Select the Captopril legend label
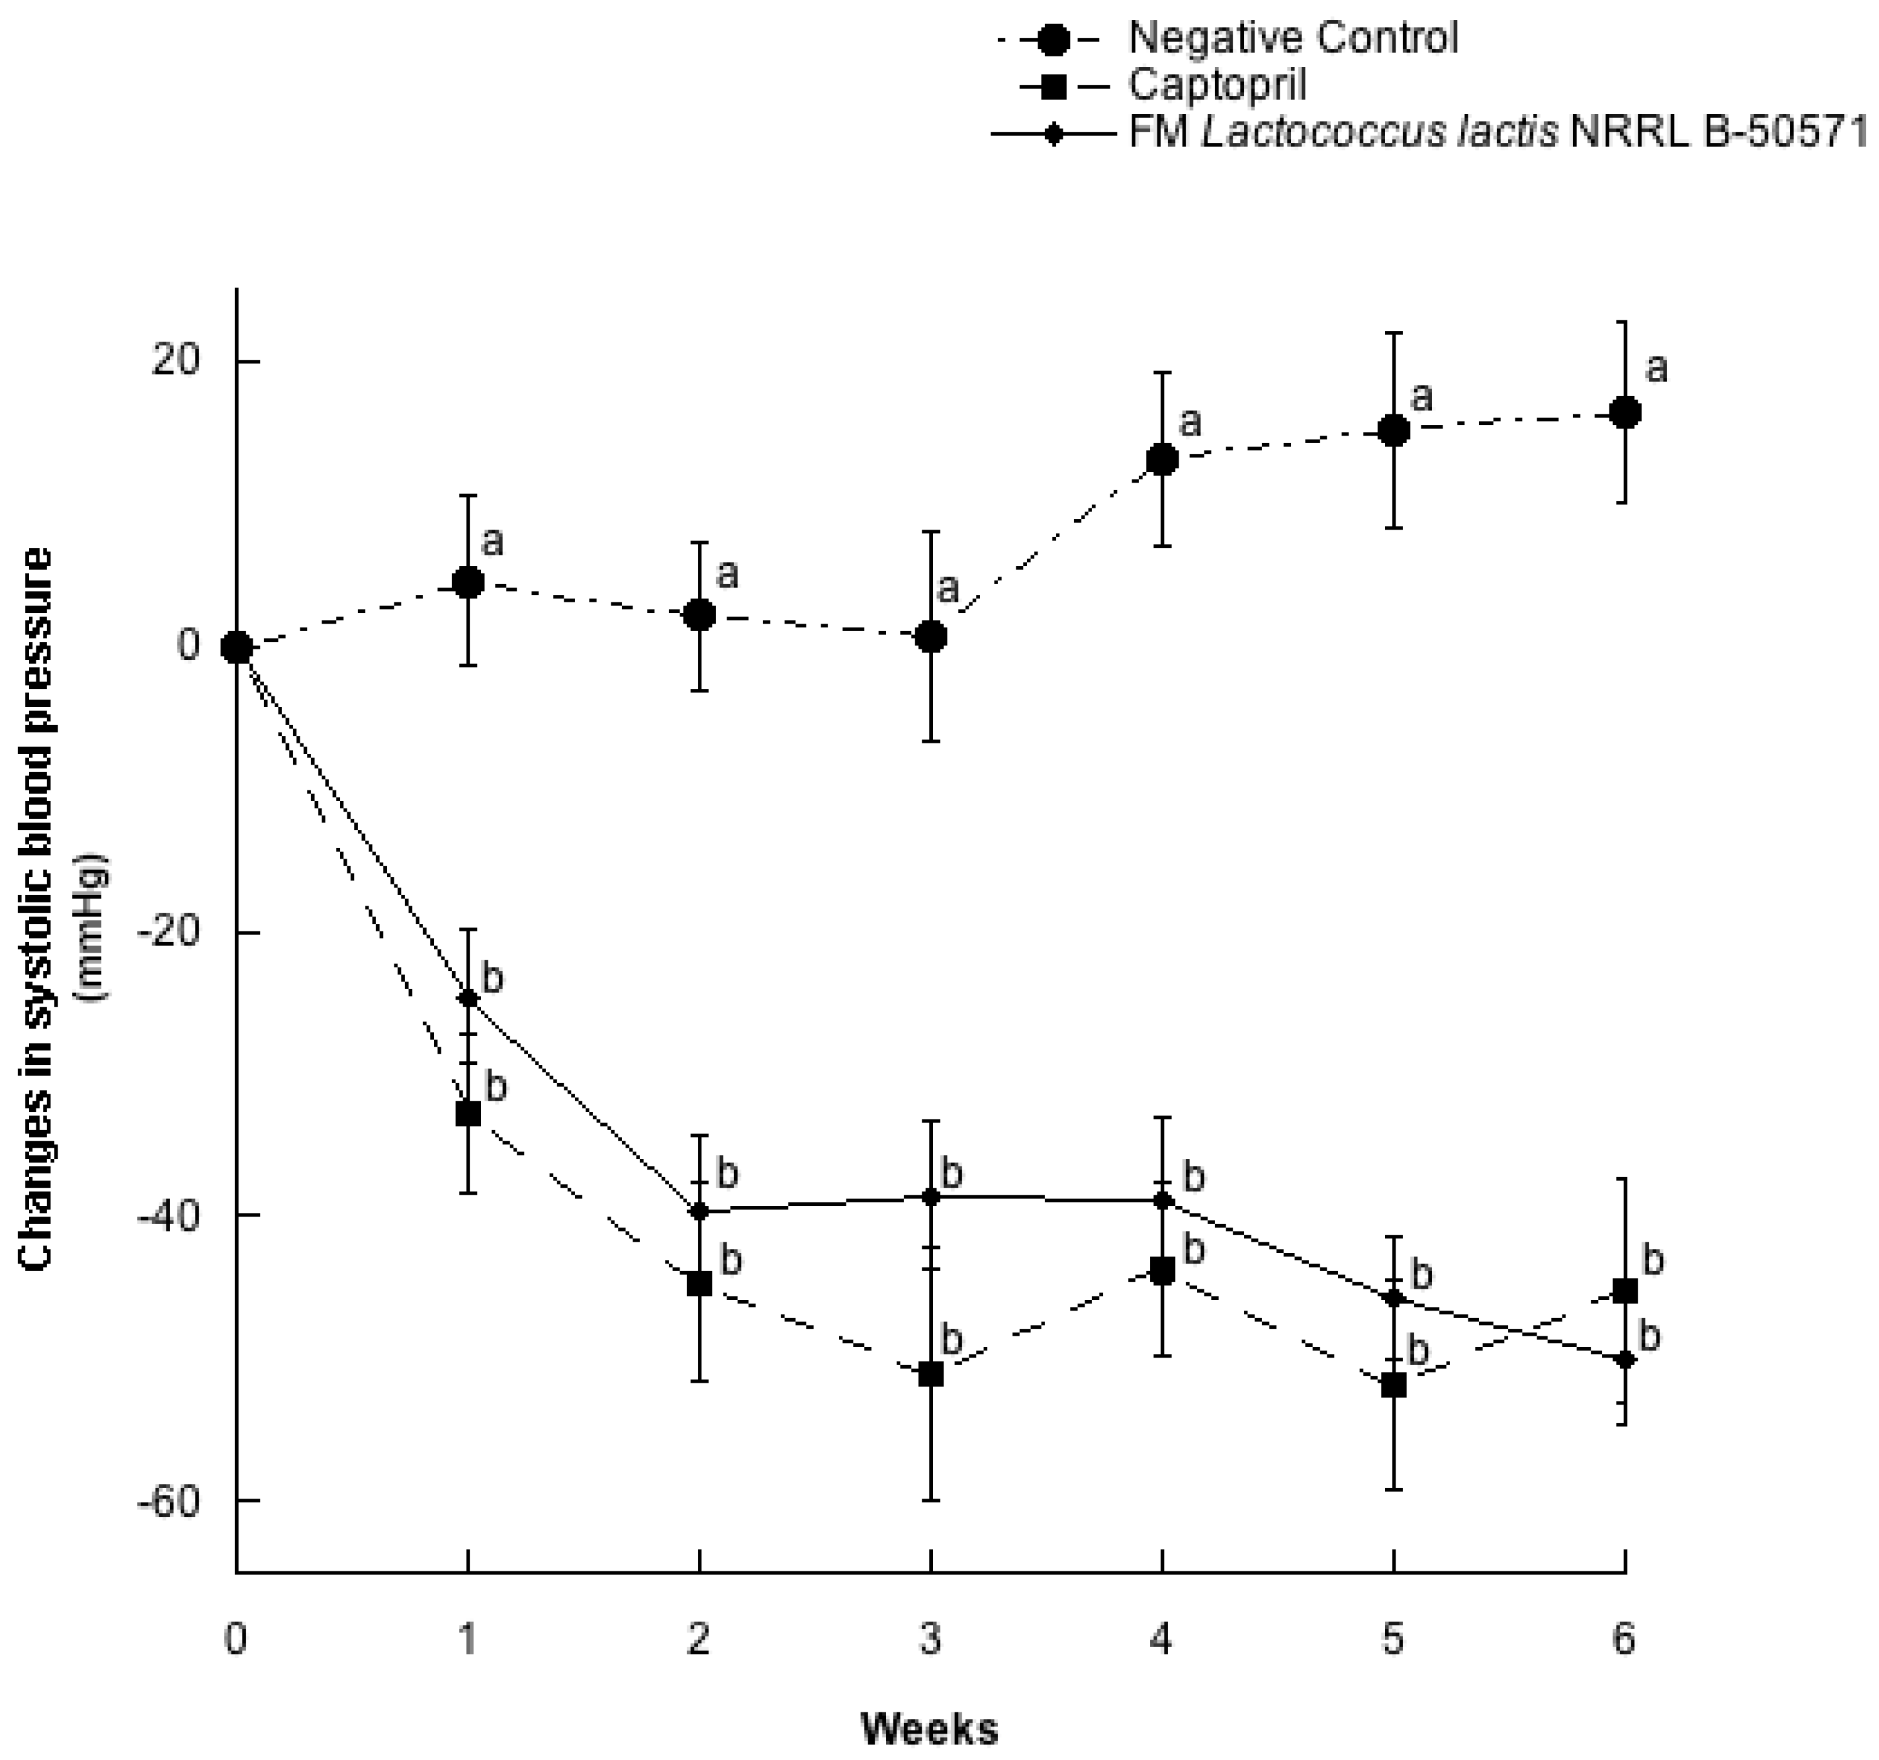tap(1218, 86)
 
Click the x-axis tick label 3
tap(931, 1640)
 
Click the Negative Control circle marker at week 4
tap(1162, 460)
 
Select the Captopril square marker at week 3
tap(931, 1375)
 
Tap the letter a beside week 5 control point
tap(1421, 397)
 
